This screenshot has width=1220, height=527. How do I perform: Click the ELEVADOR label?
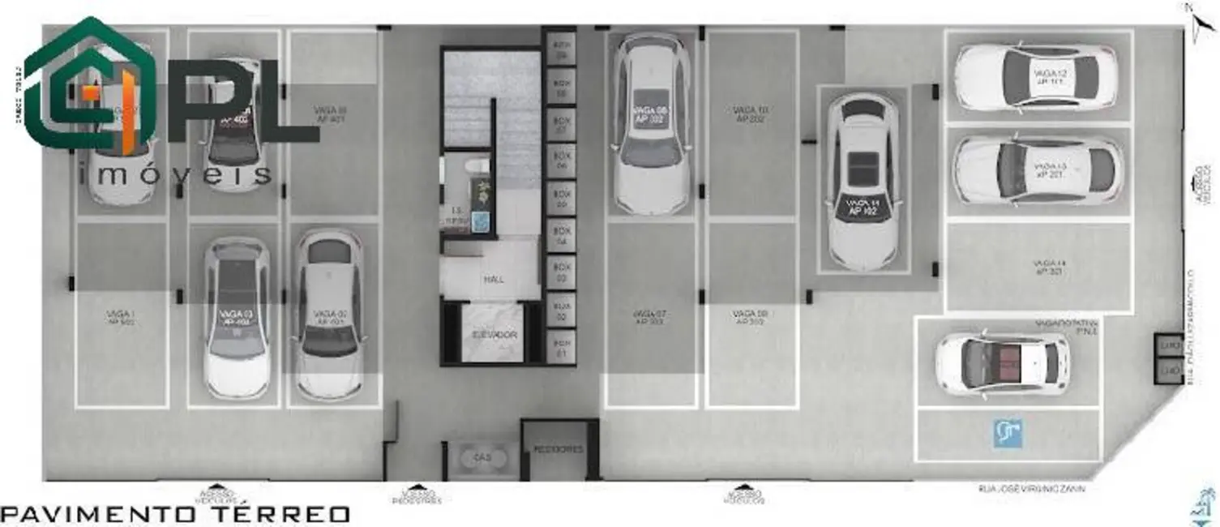(x=494, y=335)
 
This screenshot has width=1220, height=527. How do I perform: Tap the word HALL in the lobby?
(x=494, y=280)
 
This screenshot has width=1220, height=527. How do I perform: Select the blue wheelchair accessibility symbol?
(x=1008, y=434)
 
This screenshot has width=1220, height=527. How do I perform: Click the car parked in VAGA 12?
(x=1035, y=77)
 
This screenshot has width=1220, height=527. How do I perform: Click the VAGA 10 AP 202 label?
(x=751, y=114)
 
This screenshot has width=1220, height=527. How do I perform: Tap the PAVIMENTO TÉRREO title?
(x=176, y=514)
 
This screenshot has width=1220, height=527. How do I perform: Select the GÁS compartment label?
(x=482, y=456)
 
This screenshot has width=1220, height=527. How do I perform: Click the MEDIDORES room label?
(x=559, y=449)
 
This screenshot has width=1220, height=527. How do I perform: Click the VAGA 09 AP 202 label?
(x=750, y=317)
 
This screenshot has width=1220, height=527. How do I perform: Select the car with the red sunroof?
(x=1002, y=362)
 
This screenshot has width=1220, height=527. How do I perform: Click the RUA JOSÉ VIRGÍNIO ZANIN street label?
(x=1031, y=488)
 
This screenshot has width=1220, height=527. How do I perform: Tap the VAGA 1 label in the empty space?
(x=121, y=317)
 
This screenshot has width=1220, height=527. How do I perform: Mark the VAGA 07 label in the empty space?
(x=649, y=317)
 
